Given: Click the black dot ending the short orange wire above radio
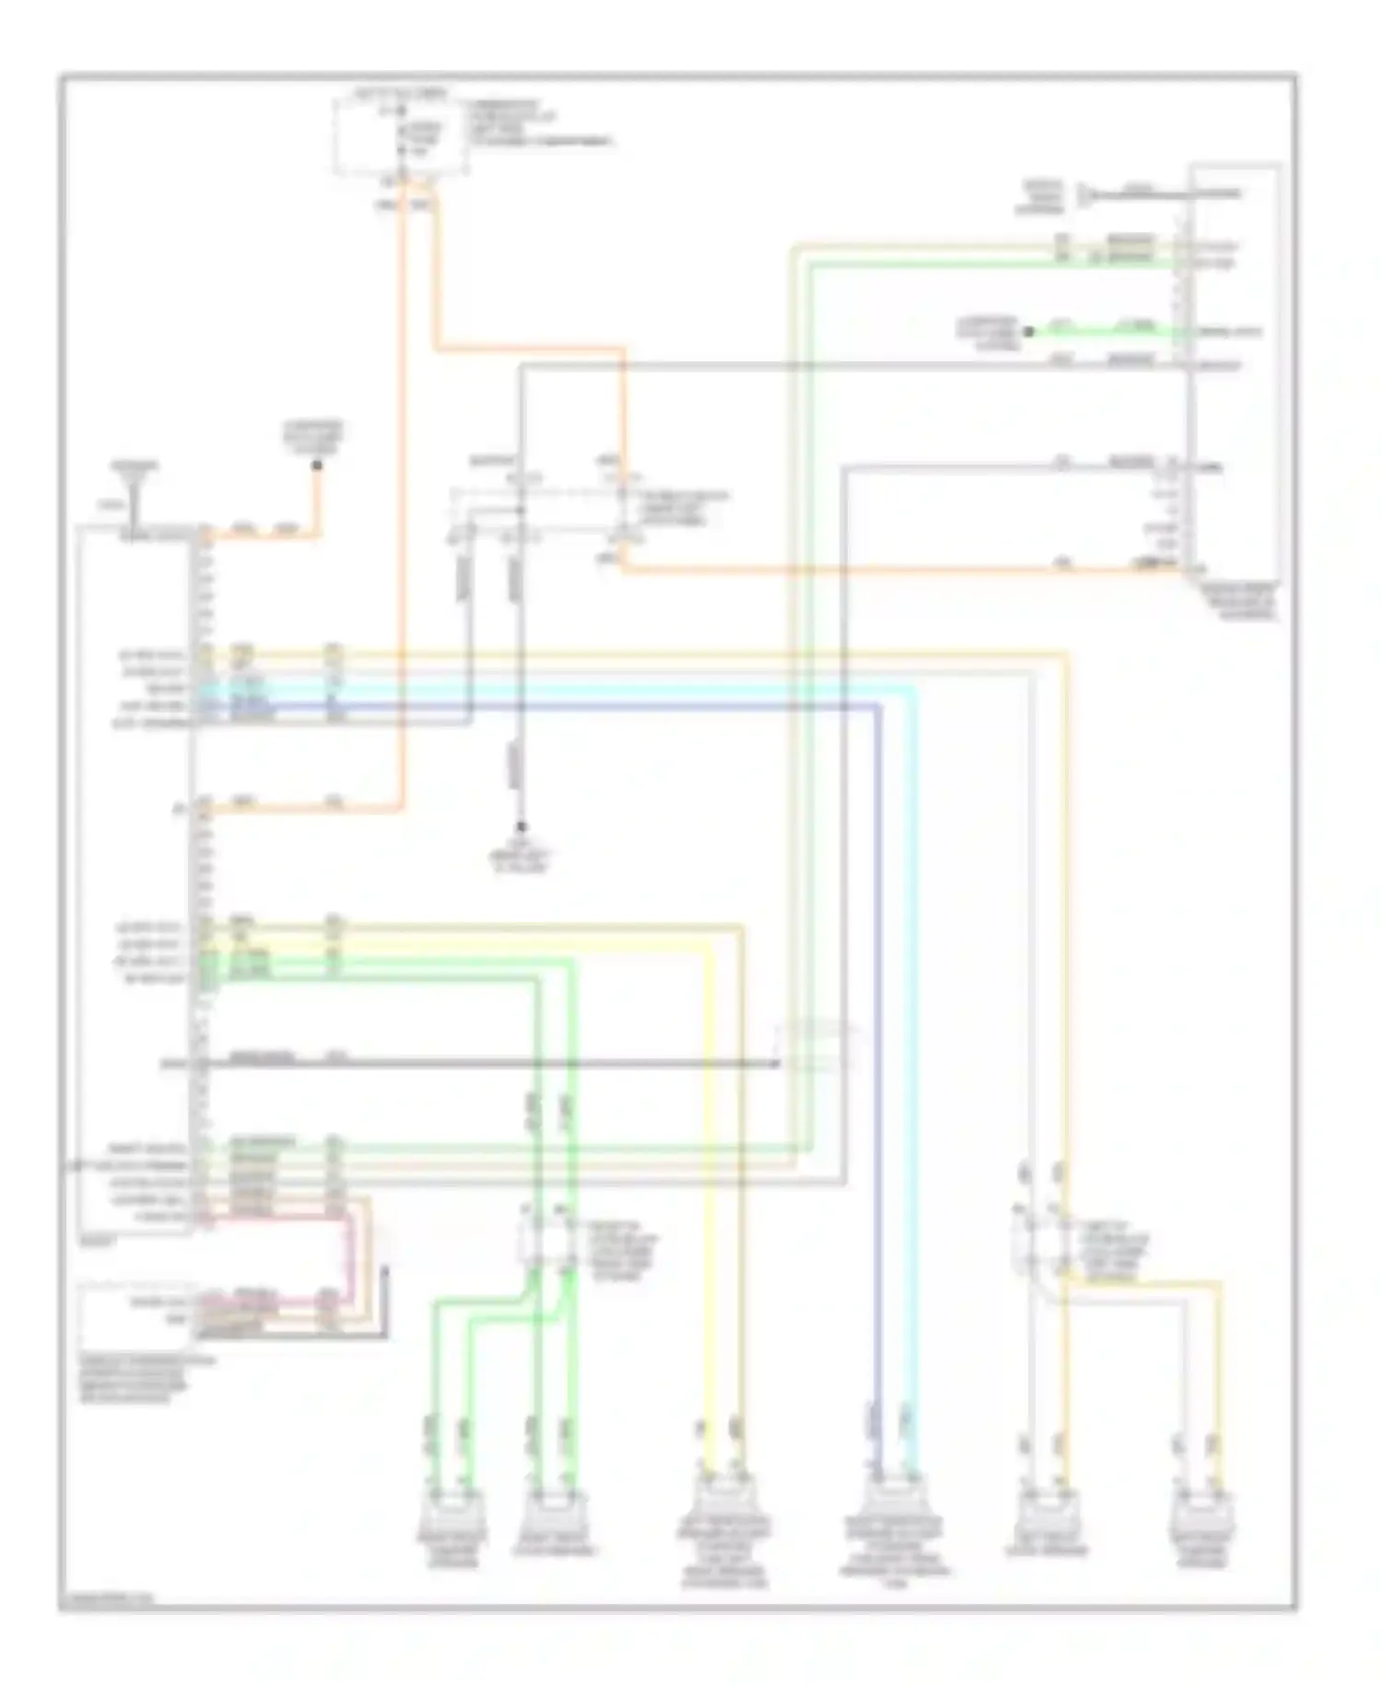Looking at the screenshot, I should tap(316, 465).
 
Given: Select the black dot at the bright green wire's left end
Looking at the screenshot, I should tap(1029, 331).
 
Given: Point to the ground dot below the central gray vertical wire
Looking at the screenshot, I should tap(520, 827).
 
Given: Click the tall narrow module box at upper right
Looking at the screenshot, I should tap(1235, 369).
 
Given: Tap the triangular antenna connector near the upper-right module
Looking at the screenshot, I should tap(1089, 194).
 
